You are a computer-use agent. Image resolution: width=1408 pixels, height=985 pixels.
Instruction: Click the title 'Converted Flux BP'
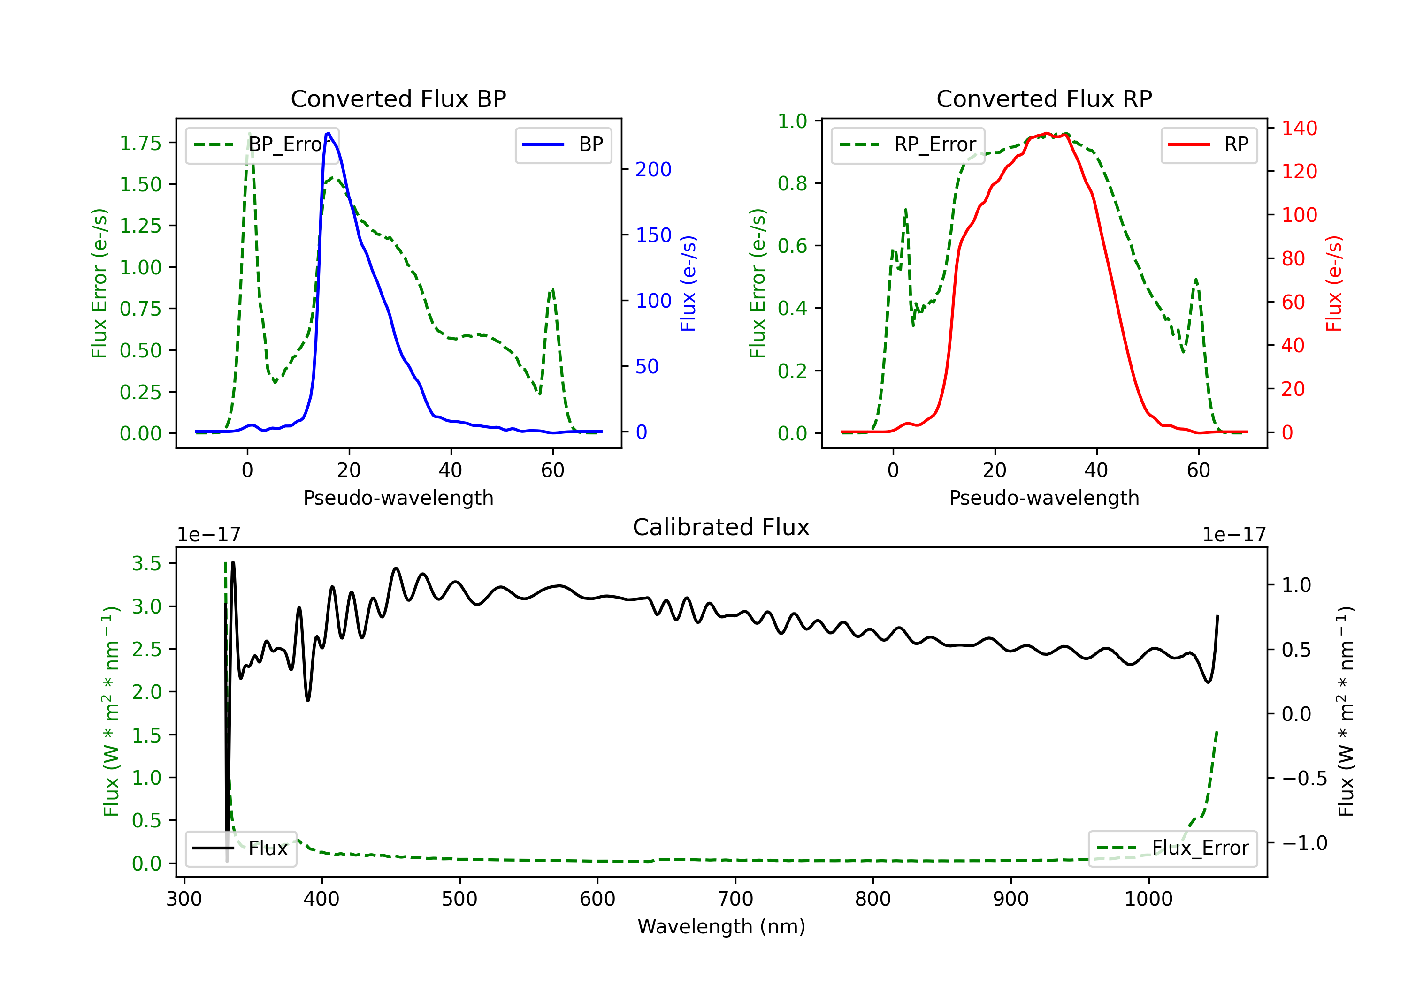click(x=398, y=98)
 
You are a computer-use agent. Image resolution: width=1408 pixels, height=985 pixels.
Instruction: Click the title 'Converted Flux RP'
click(x=1044, y=98)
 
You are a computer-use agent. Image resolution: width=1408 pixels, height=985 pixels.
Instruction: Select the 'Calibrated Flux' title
click(x=721, y=527)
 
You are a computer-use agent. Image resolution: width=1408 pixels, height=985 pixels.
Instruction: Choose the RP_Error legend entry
click(x=908, y=144)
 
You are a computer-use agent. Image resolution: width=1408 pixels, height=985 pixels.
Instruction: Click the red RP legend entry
click(x=1209, y=144)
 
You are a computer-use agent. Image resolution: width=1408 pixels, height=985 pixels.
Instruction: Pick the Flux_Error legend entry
click(x=1172, y=849)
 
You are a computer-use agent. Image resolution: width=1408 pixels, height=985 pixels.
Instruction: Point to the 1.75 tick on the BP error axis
click(x=140, y=144)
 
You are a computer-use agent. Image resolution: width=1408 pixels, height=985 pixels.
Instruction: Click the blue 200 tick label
click(x=653, y=170)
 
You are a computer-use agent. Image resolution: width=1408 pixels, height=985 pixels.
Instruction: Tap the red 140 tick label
click(x=1300, y=128)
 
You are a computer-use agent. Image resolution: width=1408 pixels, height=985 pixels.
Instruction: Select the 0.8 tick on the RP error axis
click(x=792, y=183)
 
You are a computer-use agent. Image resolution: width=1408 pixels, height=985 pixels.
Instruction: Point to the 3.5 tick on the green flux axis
click(x=146, y=563)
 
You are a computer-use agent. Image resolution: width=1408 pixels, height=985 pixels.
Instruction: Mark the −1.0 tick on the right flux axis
click(x=1304, y=843)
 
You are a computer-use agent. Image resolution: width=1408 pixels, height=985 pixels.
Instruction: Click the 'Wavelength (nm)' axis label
click(x=721, y=926)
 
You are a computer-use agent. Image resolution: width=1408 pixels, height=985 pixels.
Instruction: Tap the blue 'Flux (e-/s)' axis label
click(x=688, y=284)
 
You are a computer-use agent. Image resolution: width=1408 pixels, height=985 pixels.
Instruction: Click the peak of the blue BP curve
click(x=329, y=133)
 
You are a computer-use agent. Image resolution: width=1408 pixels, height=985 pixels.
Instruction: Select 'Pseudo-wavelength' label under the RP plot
click(x=1044, y=498)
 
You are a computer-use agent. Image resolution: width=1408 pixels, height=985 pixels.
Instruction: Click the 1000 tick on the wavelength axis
click(x=1148, y=899)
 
